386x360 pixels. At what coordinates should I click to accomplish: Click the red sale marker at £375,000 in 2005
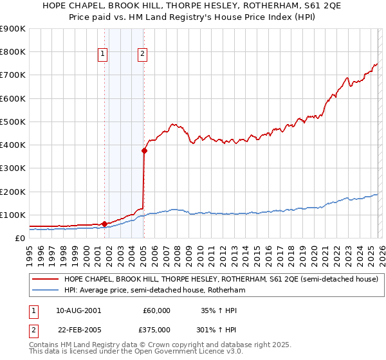click(x=145, y=151)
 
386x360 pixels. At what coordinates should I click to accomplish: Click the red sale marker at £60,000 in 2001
click(x=104, y=224)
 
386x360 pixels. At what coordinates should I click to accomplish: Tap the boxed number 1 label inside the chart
click(x=102, y=55)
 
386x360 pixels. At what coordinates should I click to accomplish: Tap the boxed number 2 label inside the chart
click(x=142, y=55)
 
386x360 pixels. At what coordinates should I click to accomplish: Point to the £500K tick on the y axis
click(x=14, y=122)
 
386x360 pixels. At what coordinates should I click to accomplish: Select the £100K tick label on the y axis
click(x=14, y=215)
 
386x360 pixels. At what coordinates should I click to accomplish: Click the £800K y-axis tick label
click(x=14, y=52)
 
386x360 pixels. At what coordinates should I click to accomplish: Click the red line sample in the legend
click(x=44, y=280)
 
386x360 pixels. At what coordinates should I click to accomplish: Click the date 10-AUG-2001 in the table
click(x=78, y=310)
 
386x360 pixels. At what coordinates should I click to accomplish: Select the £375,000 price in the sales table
click(x=156, y=329)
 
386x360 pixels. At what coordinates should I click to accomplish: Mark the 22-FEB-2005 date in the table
click(x=78, y=329)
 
